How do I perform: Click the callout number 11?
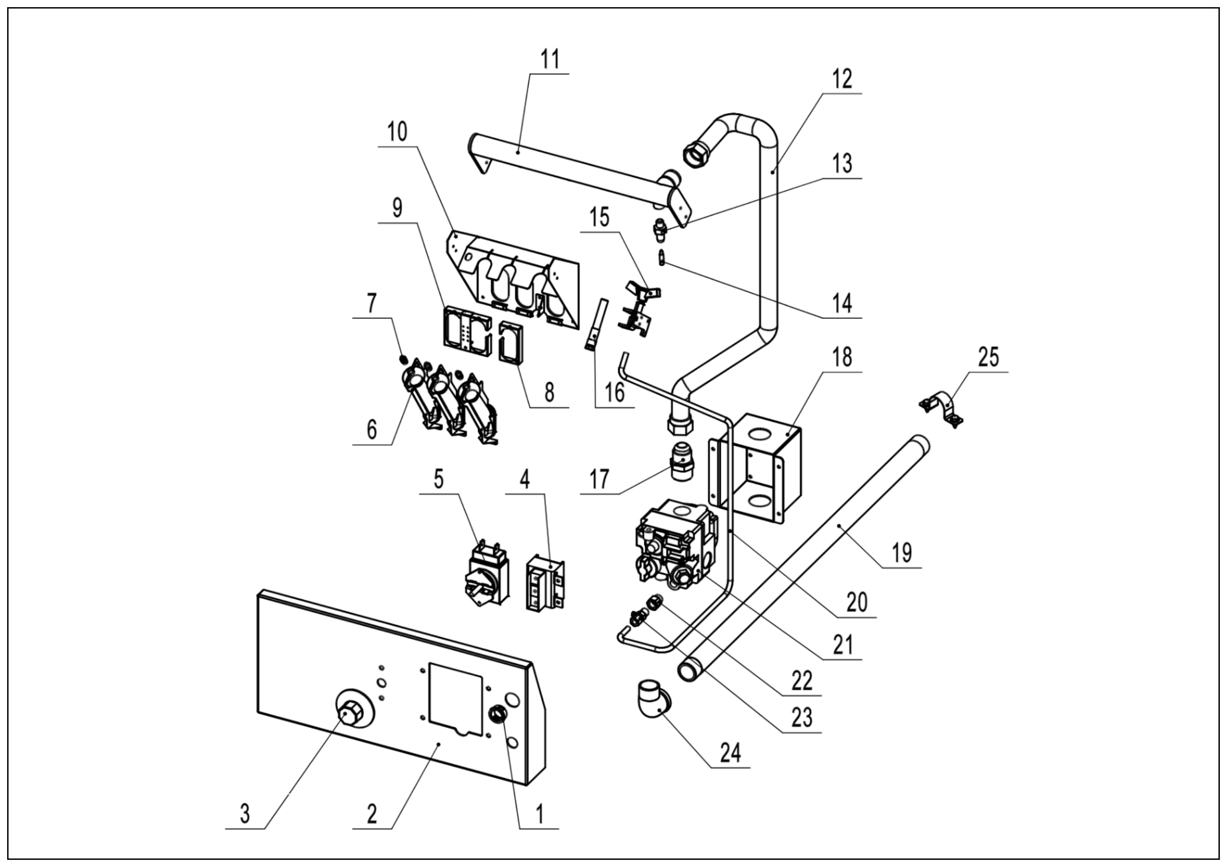click(550, 60)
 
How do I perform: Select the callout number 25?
click(988, 357)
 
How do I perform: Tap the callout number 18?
click(842, 357)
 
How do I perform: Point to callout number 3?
click(245, 815)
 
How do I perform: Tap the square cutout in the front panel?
click(456, 696)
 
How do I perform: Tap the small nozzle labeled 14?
click(662, 257)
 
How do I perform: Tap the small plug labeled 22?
click(653, 602)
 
